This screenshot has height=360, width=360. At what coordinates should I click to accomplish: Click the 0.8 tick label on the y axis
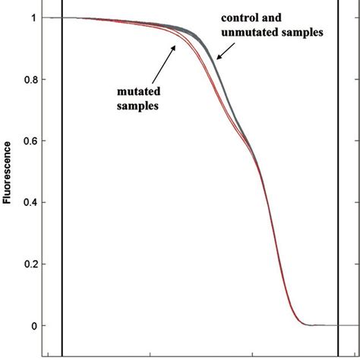36,80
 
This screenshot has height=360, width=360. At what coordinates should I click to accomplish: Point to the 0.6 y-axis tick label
36,141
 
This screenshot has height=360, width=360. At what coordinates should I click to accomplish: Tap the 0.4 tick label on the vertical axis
36,203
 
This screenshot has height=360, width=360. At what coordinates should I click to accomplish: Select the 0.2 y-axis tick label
36,264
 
